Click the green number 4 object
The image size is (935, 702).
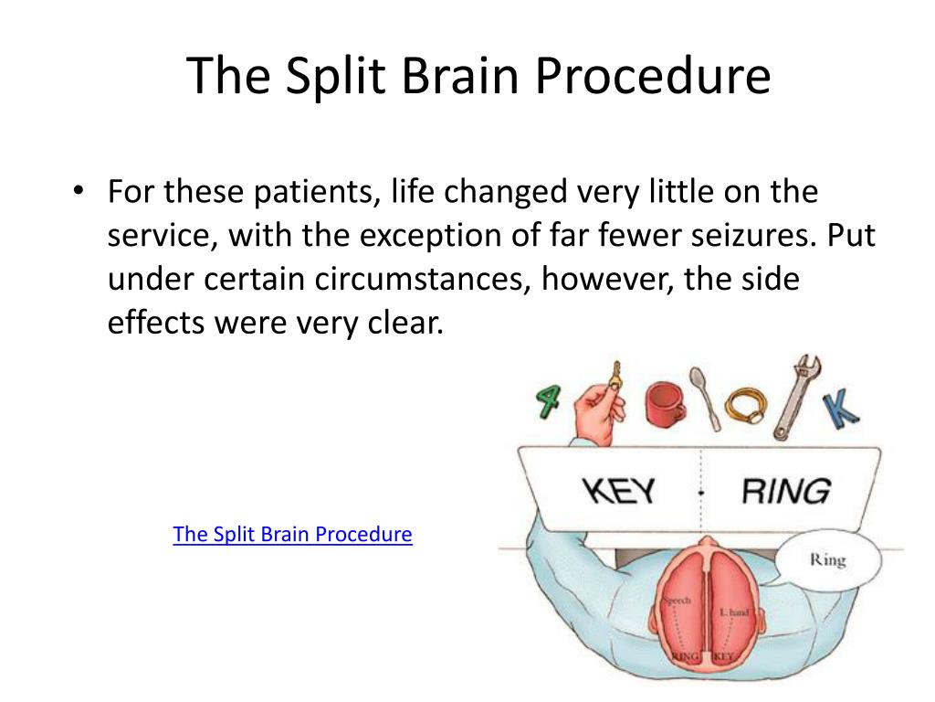click(549, 399)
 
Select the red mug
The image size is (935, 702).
click(664, 404)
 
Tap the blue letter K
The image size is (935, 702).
click(840, 408)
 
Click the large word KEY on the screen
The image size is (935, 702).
click(618, 491)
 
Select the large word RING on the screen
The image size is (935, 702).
click(784, 491)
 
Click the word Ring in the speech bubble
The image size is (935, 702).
click(827, 559)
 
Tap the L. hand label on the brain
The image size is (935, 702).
click(733, 612)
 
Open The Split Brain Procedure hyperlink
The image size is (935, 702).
click(292, 534)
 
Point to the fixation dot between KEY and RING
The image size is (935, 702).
click(700, 493)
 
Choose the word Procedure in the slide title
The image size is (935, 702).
click(653, 77)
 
